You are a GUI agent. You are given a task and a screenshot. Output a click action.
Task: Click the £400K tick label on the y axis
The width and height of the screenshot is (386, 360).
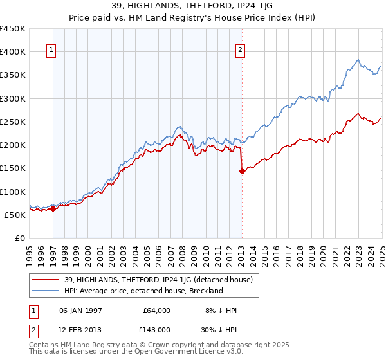point(13,52)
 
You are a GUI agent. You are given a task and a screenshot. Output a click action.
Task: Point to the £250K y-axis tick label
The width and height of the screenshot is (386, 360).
point(13,122)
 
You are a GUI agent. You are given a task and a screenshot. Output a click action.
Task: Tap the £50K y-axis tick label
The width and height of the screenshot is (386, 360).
point(15,215)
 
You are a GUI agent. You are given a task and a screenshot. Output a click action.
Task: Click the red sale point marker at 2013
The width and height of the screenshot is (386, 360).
point(242,171)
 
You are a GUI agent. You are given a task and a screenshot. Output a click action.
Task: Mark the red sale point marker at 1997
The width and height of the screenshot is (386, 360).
point(53,208)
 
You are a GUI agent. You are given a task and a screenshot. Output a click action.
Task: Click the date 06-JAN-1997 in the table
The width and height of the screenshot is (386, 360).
point(82,310)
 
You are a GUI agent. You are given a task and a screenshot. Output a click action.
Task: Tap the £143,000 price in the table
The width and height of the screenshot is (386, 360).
point(156,329)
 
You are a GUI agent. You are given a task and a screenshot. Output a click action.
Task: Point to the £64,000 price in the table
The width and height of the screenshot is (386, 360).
point(156,310)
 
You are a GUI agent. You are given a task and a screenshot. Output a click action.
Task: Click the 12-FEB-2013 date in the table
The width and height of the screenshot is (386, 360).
point(82,329)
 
